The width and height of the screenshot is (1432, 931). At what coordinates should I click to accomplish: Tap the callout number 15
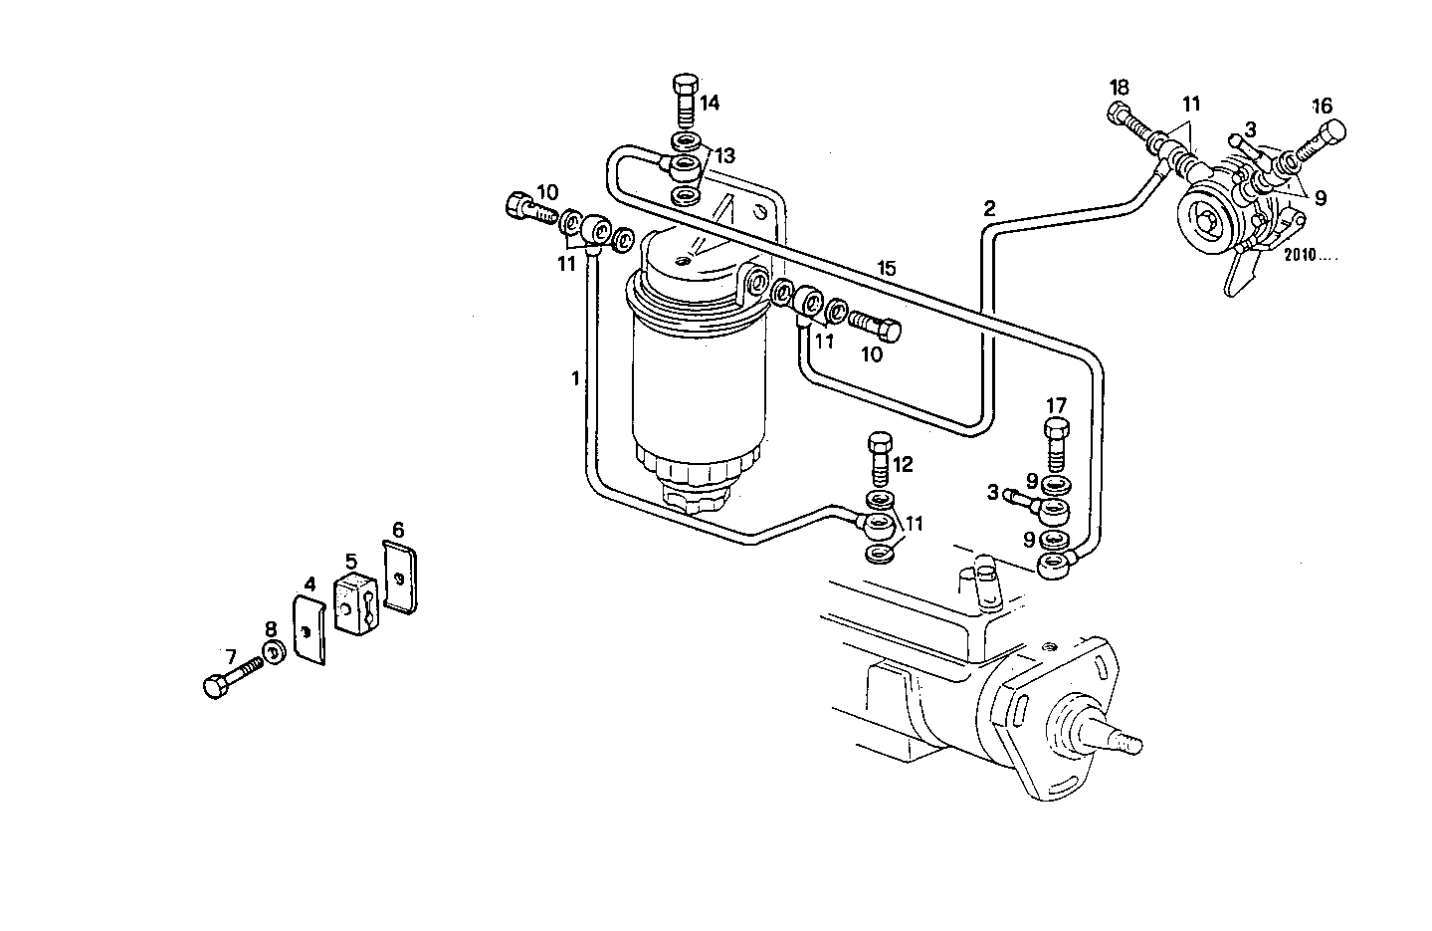(x=887, y=268)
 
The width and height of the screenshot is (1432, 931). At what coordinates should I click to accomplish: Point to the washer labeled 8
(x=271, y=654)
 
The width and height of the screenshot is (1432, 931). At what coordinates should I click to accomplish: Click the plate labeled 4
(x=310, y=629)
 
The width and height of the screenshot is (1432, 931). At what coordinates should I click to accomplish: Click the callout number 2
(x=989, y=209)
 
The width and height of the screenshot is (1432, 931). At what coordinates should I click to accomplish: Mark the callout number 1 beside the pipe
(x=575, y=378)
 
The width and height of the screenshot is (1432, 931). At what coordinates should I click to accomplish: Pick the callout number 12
(x=902, y=464)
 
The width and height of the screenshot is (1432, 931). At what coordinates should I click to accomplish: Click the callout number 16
(x=1321, y=105)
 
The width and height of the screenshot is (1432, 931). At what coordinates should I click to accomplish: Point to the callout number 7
(x=230, y=657)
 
